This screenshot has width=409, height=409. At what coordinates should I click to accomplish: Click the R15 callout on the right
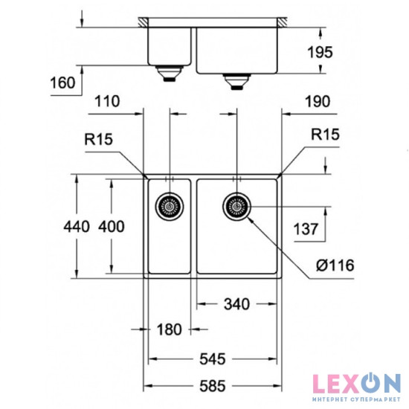(x=325, y=136)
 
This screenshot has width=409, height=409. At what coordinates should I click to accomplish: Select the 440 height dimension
(x=77, y=225)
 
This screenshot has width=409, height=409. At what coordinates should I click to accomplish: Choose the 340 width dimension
(x=236, y=303)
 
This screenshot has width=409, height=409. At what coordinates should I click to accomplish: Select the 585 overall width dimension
(x=212, y=386)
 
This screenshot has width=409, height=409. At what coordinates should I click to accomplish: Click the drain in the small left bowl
(x=169, y=204)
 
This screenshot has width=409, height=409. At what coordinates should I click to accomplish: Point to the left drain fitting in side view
(x=169, y=74)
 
